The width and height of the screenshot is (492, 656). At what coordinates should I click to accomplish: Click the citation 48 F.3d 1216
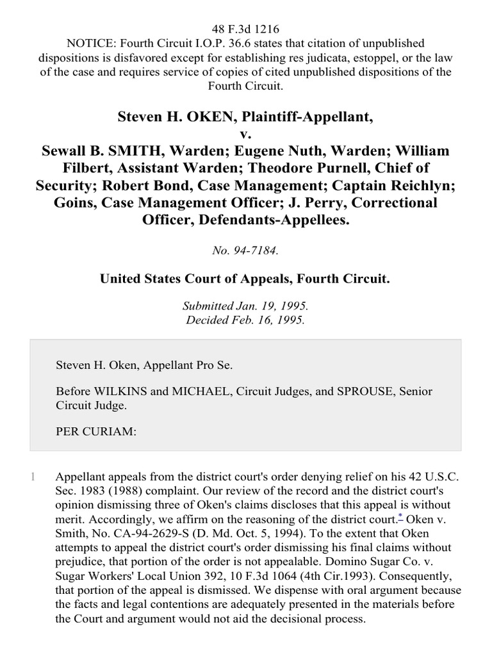[x=246, y=29]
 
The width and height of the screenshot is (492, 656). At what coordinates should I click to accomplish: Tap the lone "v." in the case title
[x=245, y=134]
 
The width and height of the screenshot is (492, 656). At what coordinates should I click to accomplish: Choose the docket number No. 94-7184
[x=245, y=251]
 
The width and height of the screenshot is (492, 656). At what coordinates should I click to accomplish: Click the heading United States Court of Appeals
[x=245, y=279]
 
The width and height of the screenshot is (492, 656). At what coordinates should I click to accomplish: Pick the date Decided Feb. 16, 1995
[x=245, y=320]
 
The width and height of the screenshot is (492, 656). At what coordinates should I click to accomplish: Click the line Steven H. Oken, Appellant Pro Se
[x=145, y=365]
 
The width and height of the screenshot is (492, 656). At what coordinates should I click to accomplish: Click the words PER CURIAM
[x=96, y=431]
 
